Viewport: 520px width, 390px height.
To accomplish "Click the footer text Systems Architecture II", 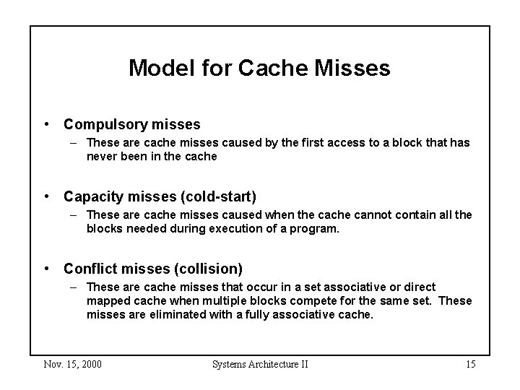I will tap(260, 364).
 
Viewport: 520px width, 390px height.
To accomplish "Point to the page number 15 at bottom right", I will tap(469, 364).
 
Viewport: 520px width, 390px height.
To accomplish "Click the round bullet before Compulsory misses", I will tap(47, 124).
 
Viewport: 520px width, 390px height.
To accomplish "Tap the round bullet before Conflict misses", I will tap(47, 269).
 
